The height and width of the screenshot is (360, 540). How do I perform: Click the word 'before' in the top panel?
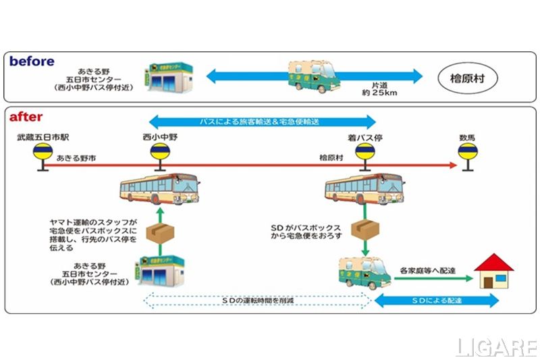(x=32, y=61)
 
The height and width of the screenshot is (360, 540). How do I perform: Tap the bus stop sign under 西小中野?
(x=160, y=154)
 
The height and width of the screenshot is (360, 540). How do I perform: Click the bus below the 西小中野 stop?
(x=159, y=188)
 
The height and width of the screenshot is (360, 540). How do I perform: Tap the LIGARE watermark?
(x=496, y=348)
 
